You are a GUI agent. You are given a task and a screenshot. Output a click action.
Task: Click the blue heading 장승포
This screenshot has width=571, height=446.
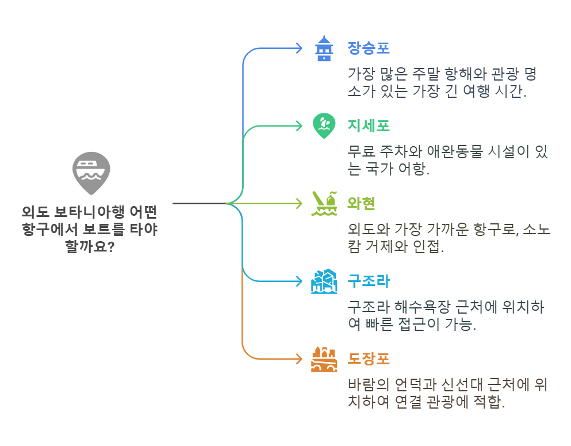pyautogui.click(x=369, y=48)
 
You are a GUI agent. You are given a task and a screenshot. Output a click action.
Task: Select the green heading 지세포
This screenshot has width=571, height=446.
pyautogui.click(x=369, y=125)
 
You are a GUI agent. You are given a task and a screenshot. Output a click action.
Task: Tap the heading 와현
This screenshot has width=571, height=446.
pyautogui.click(x=362, y=203)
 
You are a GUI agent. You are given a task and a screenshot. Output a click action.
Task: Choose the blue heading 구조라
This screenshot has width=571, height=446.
pyautogui.click(x=369, y=281)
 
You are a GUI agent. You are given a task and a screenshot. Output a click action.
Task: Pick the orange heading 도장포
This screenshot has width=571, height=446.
pyautogui.click(x=369, y=359)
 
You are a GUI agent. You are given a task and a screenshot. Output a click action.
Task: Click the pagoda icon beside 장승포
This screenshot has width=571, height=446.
pyautogui.click(x=324, y=48)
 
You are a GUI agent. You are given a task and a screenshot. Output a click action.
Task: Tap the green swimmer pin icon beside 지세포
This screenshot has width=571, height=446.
pyautogui.click(x=324, y=125)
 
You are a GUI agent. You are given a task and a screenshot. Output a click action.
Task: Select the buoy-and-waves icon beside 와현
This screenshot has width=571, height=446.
pyautogui.click(x=324, y=203)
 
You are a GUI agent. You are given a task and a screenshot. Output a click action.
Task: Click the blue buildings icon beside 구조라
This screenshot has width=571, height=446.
pyautogui.click(x=324, y=281)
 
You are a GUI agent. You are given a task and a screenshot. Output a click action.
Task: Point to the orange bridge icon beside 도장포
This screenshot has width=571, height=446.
pyautogui.click(x=324, y=359)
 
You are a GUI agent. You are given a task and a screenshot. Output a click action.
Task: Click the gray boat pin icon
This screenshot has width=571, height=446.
pyautogui.click(x=91, y=173)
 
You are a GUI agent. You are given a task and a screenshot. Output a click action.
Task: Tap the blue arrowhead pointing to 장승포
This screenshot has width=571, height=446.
pyautogui.click(x=298, y=48)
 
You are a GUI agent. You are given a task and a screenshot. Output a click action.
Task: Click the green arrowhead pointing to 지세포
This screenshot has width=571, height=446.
pyautogui.click(x=298, y=125)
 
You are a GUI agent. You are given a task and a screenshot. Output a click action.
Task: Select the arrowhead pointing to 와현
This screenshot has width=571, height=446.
pyautogui.click(x=298, y=203)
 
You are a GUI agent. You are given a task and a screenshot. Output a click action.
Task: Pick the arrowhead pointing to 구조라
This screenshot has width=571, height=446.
pyautogui.click(x=298, y=281)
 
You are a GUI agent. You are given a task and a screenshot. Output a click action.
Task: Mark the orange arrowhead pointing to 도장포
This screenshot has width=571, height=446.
pyautogui.click(x=298, y=359)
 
